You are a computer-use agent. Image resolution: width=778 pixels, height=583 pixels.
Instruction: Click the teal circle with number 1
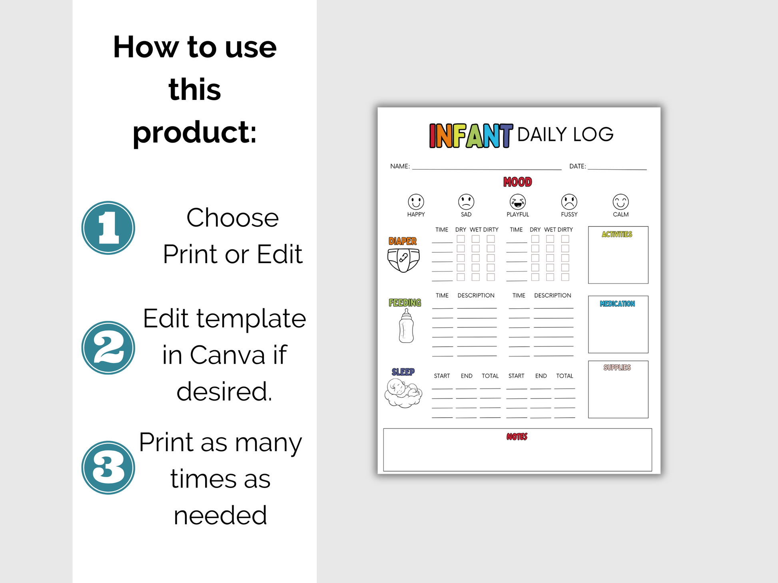coord(108,228)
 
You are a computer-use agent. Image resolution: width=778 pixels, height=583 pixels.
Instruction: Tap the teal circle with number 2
coord(108,348)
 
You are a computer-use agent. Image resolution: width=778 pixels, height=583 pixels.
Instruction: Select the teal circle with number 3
coord(108,468)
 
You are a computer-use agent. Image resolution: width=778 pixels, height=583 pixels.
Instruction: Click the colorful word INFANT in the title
coord(471,136)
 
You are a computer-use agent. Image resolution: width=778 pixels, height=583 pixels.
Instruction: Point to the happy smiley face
coord(416,202)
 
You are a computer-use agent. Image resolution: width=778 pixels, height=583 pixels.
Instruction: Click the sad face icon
coord(466,202)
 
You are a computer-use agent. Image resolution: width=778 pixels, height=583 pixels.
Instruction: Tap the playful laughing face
coord(518,202)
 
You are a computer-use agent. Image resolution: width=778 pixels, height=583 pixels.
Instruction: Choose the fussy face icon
coord(569,202)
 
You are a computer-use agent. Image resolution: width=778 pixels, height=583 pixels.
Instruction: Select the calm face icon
coord(620,202)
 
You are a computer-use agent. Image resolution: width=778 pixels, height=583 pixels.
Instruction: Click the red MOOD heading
coord(518,182)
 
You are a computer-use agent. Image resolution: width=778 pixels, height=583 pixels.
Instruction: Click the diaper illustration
coord(403,260)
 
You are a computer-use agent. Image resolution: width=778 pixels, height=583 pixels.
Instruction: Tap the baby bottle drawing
coord(406,326)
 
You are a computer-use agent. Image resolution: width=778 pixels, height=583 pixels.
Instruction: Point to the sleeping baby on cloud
coord(403,393)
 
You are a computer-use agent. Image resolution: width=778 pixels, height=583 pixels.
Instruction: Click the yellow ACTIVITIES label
coord(617,234)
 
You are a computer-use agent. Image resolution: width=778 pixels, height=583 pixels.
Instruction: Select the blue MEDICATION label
coord(617,304)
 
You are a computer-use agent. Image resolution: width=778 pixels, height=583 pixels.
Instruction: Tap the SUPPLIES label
coord(617,367)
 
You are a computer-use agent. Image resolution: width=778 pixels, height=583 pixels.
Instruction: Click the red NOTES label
coord(517,437)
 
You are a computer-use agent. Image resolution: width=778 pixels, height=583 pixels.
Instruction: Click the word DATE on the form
coord(577,166)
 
